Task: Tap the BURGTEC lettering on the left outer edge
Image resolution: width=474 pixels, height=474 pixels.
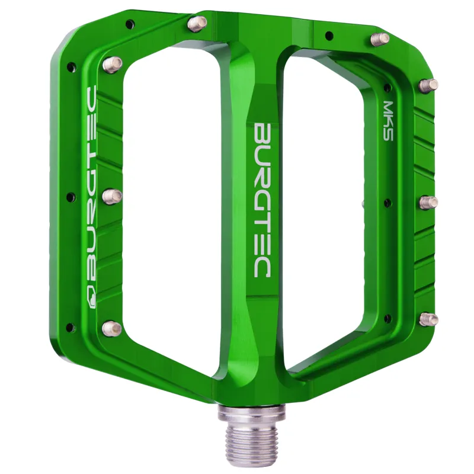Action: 92,184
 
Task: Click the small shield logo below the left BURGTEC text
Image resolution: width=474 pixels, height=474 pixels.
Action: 92,296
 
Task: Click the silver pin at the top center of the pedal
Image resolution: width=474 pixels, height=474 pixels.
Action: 198,23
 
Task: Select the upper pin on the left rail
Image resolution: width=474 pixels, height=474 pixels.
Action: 112,64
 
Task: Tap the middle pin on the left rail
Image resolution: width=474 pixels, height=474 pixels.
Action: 112,196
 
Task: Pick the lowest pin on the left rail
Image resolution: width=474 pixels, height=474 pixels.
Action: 111,327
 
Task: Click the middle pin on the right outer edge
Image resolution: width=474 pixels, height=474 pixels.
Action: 429,202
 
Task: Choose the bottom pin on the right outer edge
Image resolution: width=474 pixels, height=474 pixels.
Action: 429,319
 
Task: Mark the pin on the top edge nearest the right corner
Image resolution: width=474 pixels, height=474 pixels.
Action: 380,39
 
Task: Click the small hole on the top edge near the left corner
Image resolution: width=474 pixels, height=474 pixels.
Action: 130,24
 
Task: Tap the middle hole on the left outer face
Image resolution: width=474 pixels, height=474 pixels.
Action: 71,197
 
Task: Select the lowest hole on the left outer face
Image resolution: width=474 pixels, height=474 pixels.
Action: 70,326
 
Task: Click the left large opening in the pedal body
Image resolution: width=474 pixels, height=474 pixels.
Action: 172,201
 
